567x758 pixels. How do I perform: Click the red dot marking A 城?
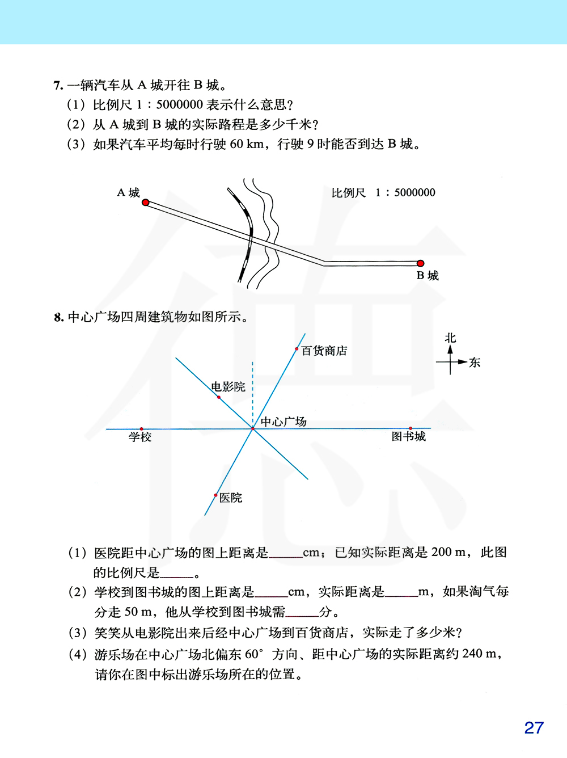click(146, 203)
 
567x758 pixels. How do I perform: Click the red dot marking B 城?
click(420, 263)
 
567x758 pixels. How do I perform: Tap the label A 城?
click(128, 193)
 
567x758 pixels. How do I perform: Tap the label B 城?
click(428, 276)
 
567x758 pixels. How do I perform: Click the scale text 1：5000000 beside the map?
click(405, 193)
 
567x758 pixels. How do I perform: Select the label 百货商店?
click(324, 351)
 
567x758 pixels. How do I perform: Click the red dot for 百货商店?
click(297, 349)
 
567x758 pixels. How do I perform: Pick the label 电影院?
click(229, 387)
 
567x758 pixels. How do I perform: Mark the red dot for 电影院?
click(219, 397)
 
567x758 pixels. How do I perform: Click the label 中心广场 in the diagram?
click(283, 422)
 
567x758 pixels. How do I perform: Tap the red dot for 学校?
click(141, 429)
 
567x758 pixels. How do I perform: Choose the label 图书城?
click(409, 436)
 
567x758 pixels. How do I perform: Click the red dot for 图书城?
click(411, 428)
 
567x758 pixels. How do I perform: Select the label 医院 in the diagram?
click(231, 498)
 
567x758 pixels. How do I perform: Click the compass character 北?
click(450, 338)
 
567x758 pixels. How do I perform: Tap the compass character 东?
click(475, 363)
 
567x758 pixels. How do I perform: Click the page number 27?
click(534, 728)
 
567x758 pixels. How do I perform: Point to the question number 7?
click(58, 86)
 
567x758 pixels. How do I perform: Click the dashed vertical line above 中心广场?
click(253, 391)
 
